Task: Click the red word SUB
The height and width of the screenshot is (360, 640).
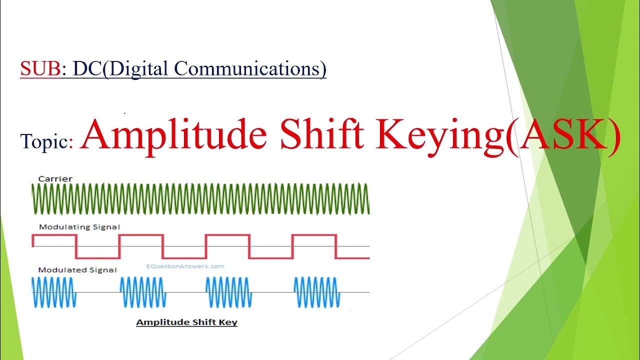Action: (x=40, y=68)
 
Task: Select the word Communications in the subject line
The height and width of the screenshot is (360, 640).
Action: (x=246, y=68)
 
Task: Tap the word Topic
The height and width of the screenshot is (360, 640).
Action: (x=47, y=142)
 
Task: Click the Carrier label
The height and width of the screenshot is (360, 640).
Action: (x=55, y=178)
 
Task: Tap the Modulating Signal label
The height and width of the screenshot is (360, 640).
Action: (x=79, y=226)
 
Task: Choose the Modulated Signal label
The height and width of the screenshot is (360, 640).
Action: (x=77, y=270)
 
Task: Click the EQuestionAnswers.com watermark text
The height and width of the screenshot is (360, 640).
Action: (x=185, y=266)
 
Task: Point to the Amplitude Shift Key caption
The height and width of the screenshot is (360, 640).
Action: (x=186, y=322)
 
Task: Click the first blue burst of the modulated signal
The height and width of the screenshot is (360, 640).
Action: (x=54, y=292)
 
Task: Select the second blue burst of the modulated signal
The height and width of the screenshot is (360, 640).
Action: (x=141, y=292)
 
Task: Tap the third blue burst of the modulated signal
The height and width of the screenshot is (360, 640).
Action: (x=228, y=292)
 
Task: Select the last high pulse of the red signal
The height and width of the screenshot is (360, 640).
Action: (x=314, y=235)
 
